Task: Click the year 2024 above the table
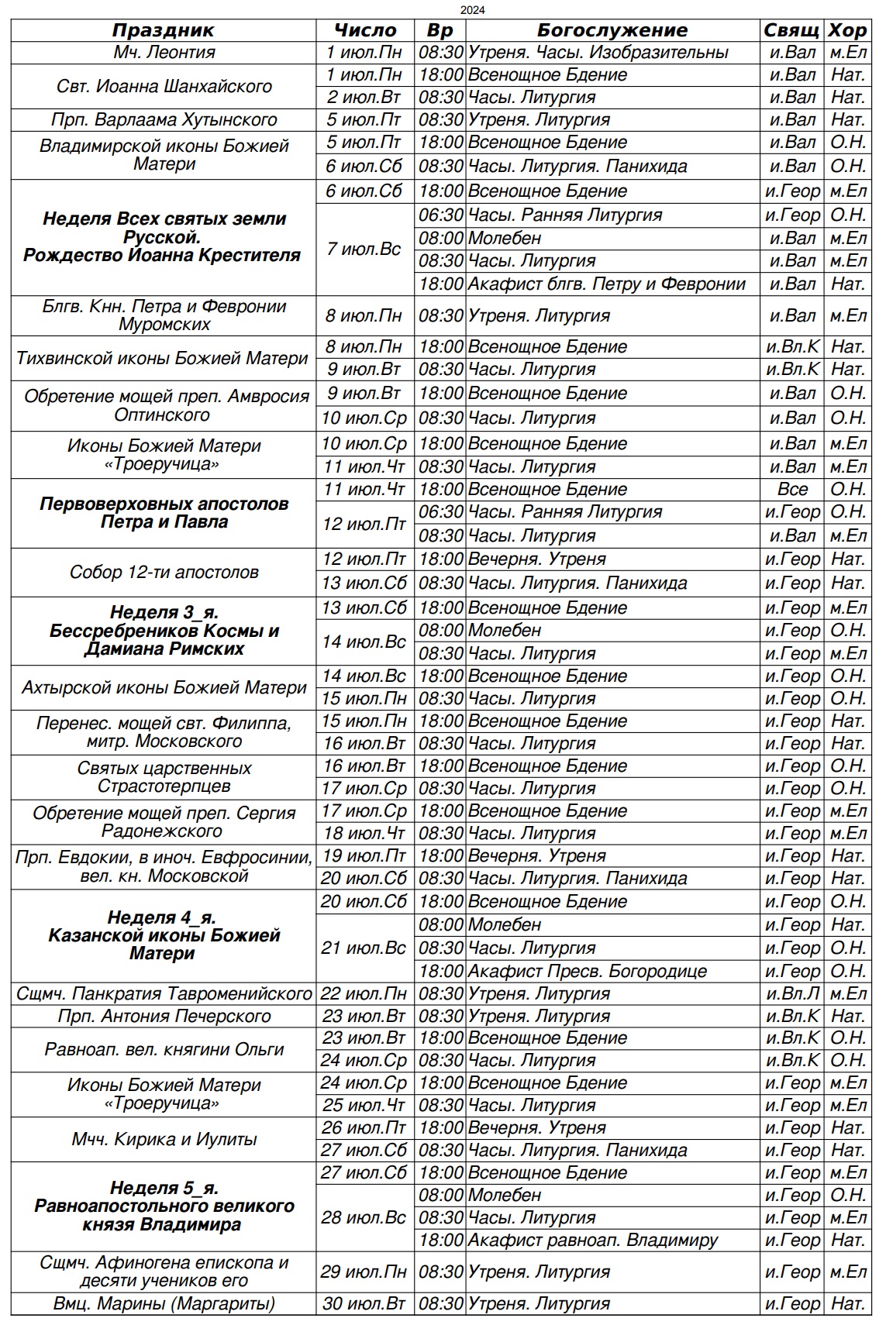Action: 473,10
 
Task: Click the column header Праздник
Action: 163,30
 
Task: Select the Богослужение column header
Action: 612,30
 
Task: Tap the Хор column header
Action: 847,30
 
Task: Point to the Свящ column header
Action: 791,30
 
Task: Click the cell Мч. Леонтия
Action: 164,53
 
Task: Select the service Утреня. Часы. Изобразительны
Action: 598,53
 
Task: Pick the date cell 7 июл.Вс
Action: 364,249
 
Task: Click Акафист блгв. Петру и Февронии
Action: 606,284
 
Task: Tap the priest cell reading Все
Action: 792,489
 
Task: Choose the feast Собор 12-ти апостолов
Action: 164,572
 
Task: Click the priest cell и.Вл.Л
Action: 792,993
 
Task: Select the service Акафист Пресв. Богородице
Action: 587,971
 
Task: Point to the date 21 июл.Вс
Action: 364,948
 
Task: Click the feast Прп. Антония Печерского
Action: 164,1016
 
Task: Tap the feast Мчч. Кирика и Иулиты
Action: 164,1139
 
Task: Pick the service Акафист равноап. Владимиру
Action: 593,1241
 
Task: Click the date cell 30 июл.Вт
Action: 364,1303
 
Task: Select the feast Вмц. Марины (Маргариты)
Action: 164,1303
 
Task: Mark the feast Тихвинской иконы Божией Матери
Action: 164,358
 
